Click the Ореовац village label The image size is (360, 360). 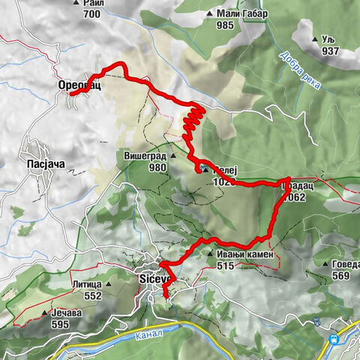[79, 85]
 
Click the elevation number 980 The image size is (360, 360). [157, 168]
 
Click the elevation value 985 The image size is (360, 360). [226, 25]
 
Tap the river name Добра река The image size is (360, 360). [301, 72]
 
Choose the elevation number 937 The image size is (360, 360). [331, 51]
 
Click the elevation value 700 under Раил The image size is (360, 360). [92, 14]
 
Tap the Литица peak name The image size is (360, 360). [86, 284]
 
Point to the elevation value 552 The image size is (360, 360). [93, 296]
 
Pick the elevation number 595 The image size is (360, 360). [60, 324]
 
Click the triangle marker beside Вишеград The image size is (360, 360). [172, 157]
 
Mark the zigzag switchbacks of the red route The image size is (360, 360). [193, 124]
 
